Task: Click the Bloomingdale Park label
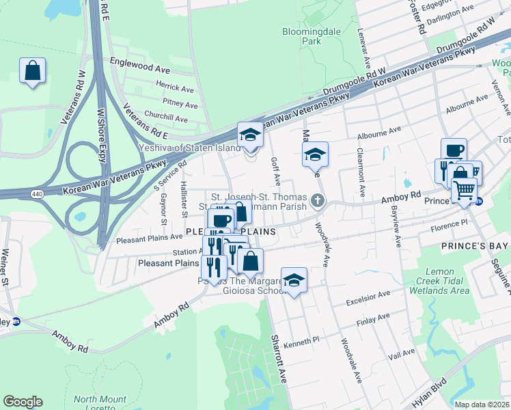pyautogui.click(x=301, y=36)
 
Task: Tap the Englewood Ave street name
pyautogui.click(x=143, y=70)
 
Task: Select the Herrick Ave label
pyautogui.click(x=175, y=87)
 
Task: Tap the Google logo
pyautogui.click(x=23, y=402)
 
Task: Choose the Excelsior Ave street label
pyautogui.click(x=367, y=295)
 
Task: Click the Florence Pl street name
pyautogui.click(x=463, y=222)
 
